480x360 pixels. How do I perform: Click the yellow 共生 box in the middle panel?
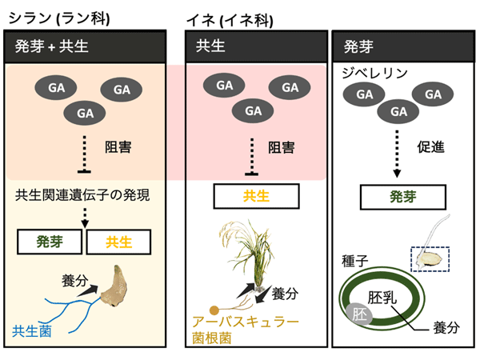point(256,195)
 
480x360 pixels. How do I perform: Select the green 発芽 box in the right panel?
point(402,195)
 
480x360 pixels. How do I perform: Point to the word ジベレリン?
point(375,73)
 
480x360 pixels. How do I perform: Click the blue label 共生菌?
point(33,330)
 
